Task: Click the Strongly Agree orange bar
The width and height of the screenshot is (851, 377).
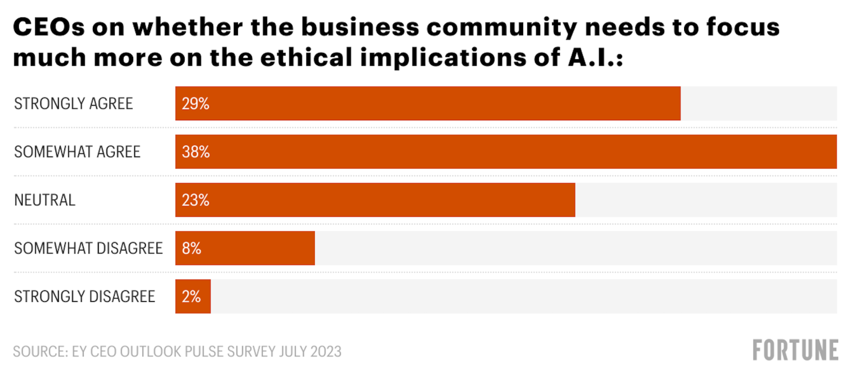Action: [x=427, y=104]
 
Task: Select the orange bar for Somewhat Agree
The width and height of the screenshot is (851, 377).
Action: [x=505, y=152]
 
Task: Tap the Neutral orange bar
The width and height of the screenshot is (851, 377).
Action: [x=375, y=200]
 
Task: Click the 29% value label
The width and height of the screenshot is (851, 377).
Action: [x=196, y=104]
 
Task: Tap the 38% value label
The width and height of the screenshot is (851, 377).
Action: [x=196, y=152]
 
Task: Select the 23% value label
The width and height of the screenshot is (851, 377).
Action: [x=196, y=201]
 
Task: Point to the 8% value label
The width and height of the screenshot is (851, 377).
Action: [x=192, y=249]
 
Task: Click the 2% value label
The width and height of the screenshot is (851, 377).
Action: [x=192, y=297]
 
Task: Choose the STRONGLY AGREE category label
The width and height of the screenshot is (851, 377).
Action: [x=73, y=104]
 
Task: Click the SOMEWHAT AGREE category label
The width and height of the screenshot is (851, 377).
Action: [x=77, y=152]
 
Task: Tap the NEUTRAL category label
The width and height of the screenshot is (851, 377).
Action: [x=45, y=201]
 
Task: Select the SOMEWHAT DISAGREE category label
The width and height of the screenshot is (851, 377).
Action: [x=88, y=249]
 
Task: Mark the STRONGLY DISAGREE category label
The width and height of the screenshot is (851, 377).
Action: [x=85, y=297]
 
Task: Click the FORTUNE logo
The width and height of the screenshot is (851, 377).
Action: [x=795, y=350]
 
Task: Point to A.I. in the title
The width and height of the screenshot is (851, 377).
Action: [x=588, y=59]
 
